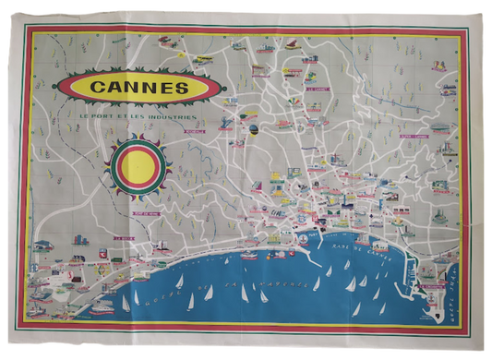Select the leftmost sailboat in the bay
(126, 303)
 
